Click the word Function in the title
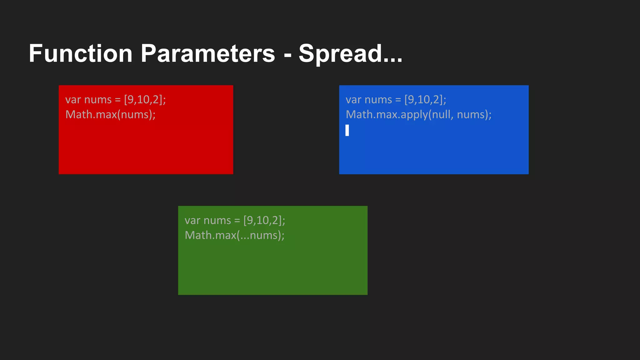click(x=81, y=53)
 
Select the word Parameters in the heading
click(x=208, y=53)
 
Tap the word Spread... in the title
click(x=350, y=53)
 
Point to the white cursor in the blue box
click(x=347, y=130)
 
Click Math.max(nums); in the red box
click(x=110, y=114)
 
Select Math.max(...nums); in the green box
click(x=234, y=235)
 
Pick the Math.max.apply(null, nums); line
click(x=418, y=114)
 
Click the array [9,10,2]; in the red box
click(x=145, y=100)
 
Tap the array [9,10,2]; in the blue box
click(x=425, y=100)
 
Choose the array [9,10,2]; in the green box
click(x=264, y=220)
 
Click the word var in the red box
click(x=73, y=100)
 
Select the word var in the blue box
click(x=353, y=100)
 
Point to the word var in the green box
click(x=192, y=220)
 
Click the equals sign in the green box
click(x=237, y=221)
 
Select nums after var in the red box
click(x=98, y=100)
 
